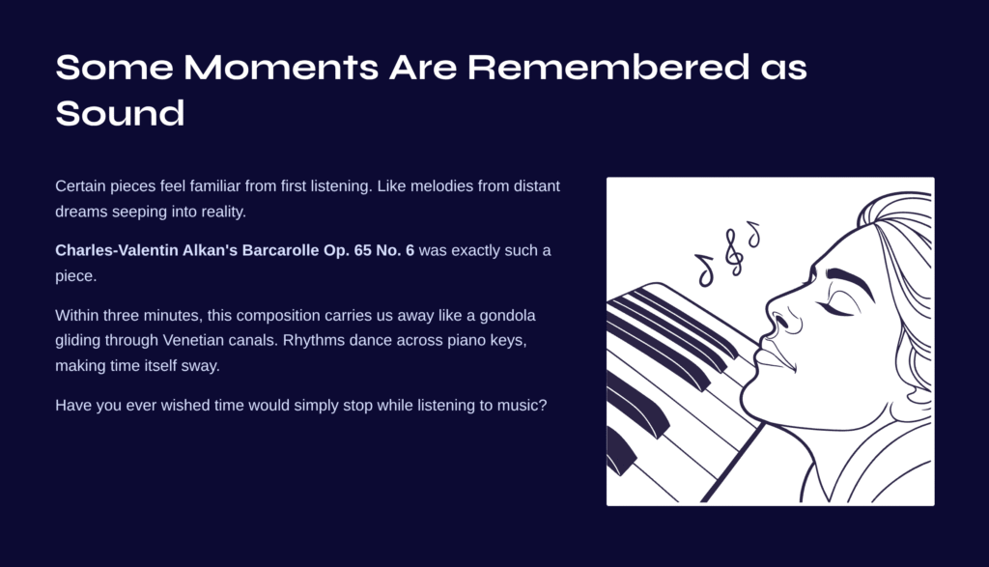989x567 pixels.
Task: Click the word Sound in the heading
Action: click(x=120, y=114)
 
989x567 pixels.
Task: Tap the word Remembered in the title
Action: click(x=608, y=67)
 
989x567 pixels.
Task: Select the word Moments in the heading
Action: click(x=281, y=67)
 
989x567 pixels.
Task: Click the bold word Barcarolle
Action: click(x=281, y=250)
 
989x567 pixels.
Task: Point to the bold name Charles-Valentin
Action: click(x=117, y=250)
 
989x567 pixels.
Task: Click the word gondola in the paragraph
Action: click(x=507, y=315)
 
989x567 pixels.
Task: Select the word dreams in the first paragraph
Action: click(x=81, y=212)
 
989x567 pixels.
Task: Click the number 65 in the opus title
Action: click(x=363, y=250)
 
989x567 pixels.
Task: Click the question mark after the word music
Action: click(x=543, y=405)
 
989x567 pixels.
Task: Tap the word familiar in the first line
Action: click(x=215, y=186)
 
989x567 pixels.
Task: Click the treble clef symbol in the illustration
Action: click(x=732, y=252)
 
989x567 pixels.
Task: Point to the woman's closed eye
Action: click(x=839, y=306)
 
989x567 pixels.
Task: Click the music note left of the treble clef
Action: click(x=705, y=269)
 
